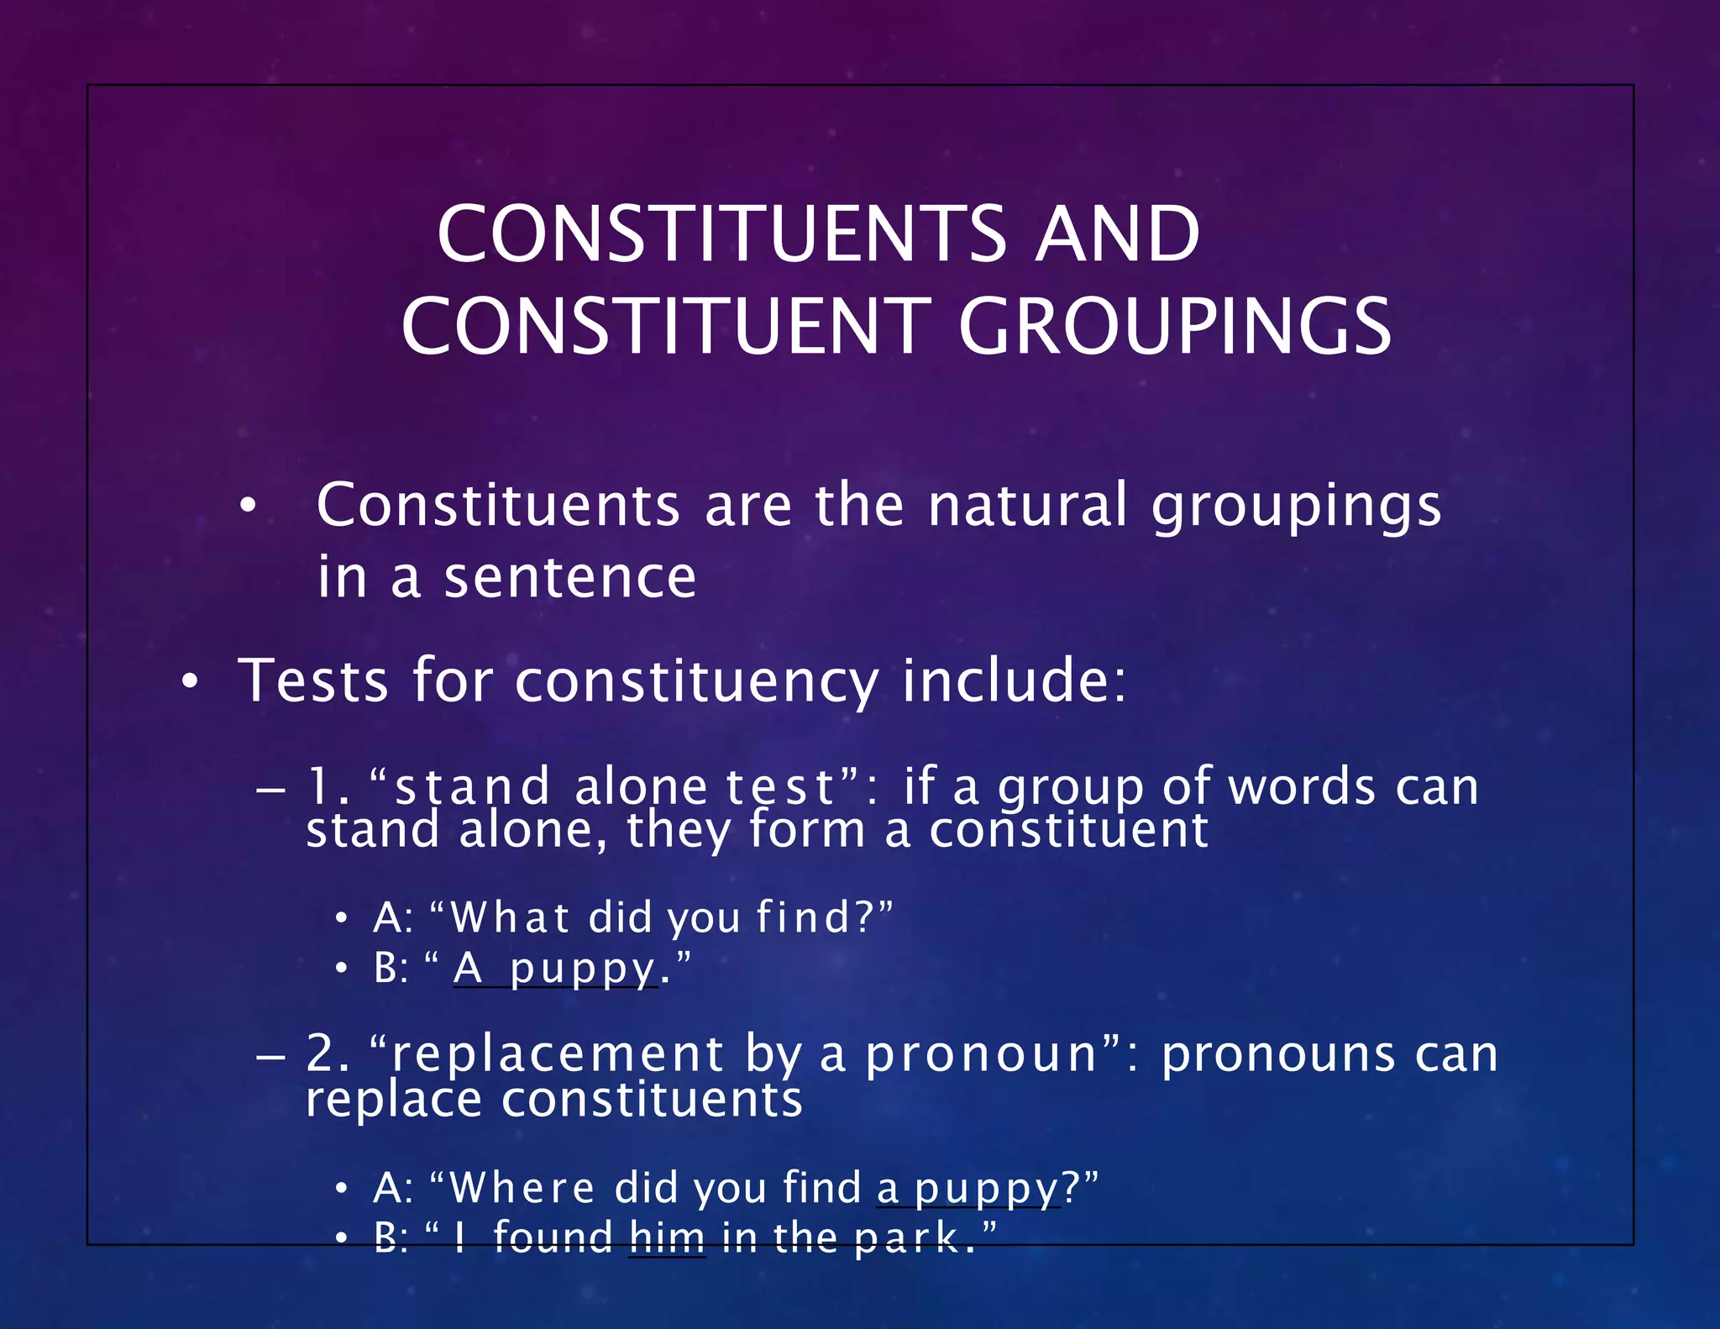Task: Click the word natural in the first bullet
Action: click(1027, 506)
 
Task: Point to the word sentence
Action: click(570, 577)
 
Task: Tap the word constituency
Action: click(696, 681)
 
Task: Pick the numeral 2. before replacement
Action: click(328, 1053)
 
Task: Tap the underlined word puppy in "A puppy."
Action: click(583, 969)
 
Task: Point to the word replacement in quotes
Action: click(558, 1054)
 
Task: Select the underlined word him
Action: click(668, 1237)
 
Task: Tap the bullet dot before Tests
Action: click(191, 682)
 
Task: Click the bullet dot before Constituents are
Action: click(247, 507)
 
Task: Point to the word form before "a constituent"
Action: click(807, 830)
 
